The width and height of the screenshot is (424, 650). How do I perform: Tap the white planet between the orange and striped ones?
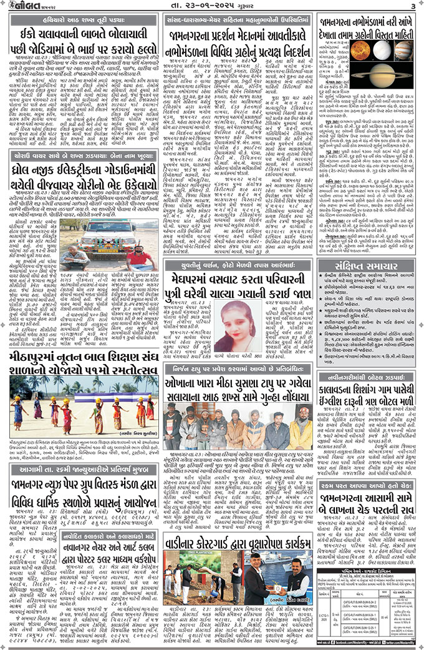[383, 49]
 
